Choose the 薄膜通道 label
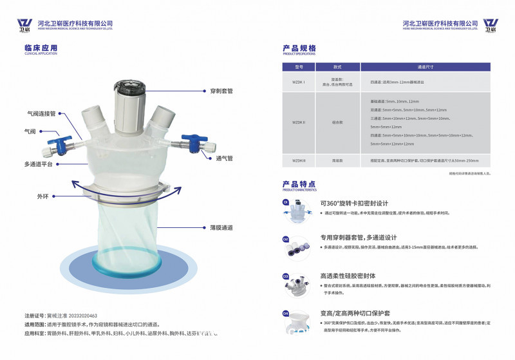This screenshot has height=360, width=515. pyautogui.click(x=221, y=227)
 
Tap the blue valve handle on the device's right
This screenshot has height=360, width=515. pyautogui.click(x=191, y=138)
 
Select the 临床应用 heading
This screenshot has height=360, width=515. pyautogui.click(x=41, y=48)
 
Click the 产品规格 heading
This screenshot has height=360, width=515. pyautogui.click(x=299, y=48)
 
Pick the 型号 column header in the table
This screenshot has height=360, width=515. pyautogui.click(x=299, y=66)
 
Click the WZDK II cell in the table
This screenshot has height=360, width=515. pyautogui.click(x=299, y=122)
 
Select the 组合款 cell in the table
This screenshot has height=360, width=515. pyautogui.click(x=337, y=122)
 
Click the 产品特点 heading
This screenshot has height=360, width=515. pyautogui.click(x=299, y=184)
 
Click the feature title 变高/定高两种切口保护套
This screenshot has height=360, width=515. pyautogui.click(x=354, y=314)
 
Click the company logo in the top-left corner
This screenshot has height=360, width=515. pyautogui.click(x=24, y=25)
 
